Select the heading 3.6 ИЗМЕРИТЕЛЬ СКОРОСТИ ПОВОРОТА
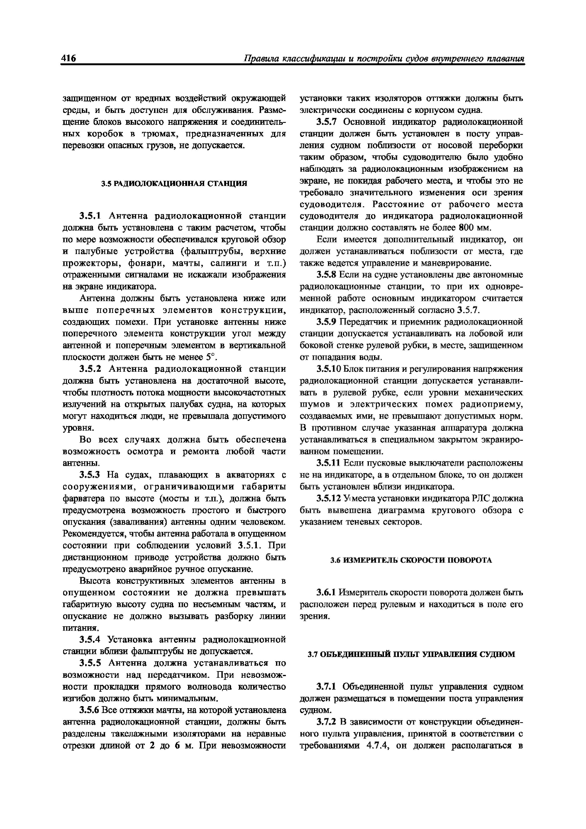point(411,560)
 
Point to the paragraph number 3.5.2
point(91,369)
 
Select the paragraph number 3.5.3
point(91,475)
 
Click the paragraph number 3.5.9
point(327,322)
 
